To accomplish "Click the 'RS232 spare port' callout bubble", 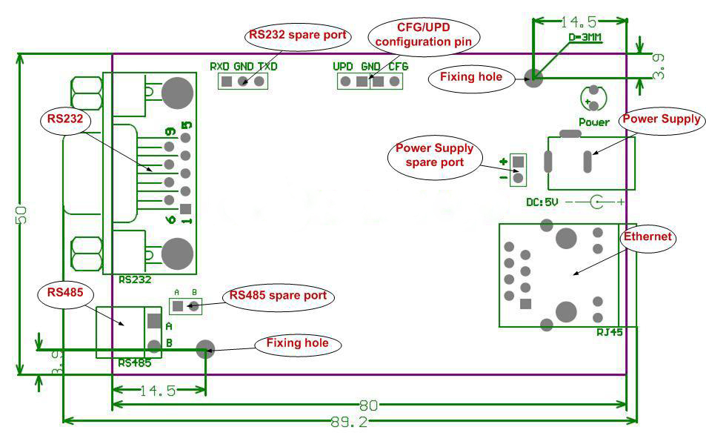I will pyautogui.click(x=297, y=36).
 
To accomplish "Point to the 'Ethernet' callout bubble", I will pyautogui.click(x=647, y=237).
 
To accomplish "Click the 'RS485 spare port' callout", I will pyautogui.click(x=278, y=295).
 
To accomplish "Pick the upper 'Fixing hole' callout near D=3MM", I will pyautogui.click(x=470, y=76).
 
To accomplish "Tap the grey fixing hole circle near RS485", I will pyautogui.click(x=204, y=347).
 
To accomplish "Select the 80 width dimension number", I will pyautogui.click(x=368, y=405).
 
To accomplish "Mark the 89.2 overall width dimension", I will pyautogui.click(x=350, y=422).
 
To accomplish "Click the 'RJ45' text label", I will pyautogui.click(x=609, y=332).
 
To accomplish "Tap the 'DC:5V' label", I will pyautogui.click(x=542, y=202).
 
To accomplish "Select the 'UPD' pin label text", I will pyautogui.click(x=343, y=66).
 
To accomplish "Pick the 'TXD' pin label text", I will pyautogui.click(x=267, y=66).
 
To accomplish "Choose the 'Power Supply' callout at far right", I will pyautogui.click(x=661, y=119).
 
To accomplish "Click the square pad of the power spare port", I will pyautogui.click(x=518, y=161).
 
